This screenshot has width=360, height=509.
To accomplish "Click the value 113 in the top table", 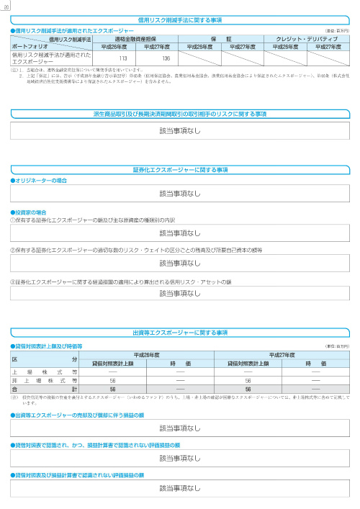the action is [x=123, y=58].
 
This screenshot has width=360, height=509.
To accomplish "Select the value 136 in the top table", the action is [x=166, y=58].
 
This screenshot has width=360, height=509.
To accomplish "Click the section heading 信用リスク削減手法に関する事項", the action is [x=180, y=19].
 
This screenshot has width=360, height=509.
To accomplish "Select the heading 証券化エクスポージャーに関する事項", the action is [x=180, y=168].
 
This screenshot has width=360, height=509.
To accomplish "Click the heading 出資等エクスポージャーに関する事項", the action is [x=180, y=333].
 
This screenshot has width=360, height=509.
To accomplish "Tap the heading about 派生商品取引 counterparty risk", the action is [x=180, y=114].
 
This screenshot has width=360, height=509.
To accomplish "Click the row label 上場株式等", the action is [x=44, y=371].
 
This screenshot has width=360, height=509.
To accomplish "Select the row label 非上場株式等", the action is [x=44, y=379].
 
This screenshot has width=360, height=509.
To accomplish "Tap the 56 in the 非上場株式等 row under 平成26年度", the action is [x=112, y=379].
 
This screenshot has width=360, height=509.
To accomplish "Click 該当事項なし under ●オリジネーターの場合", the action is [x=180, y=194].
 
